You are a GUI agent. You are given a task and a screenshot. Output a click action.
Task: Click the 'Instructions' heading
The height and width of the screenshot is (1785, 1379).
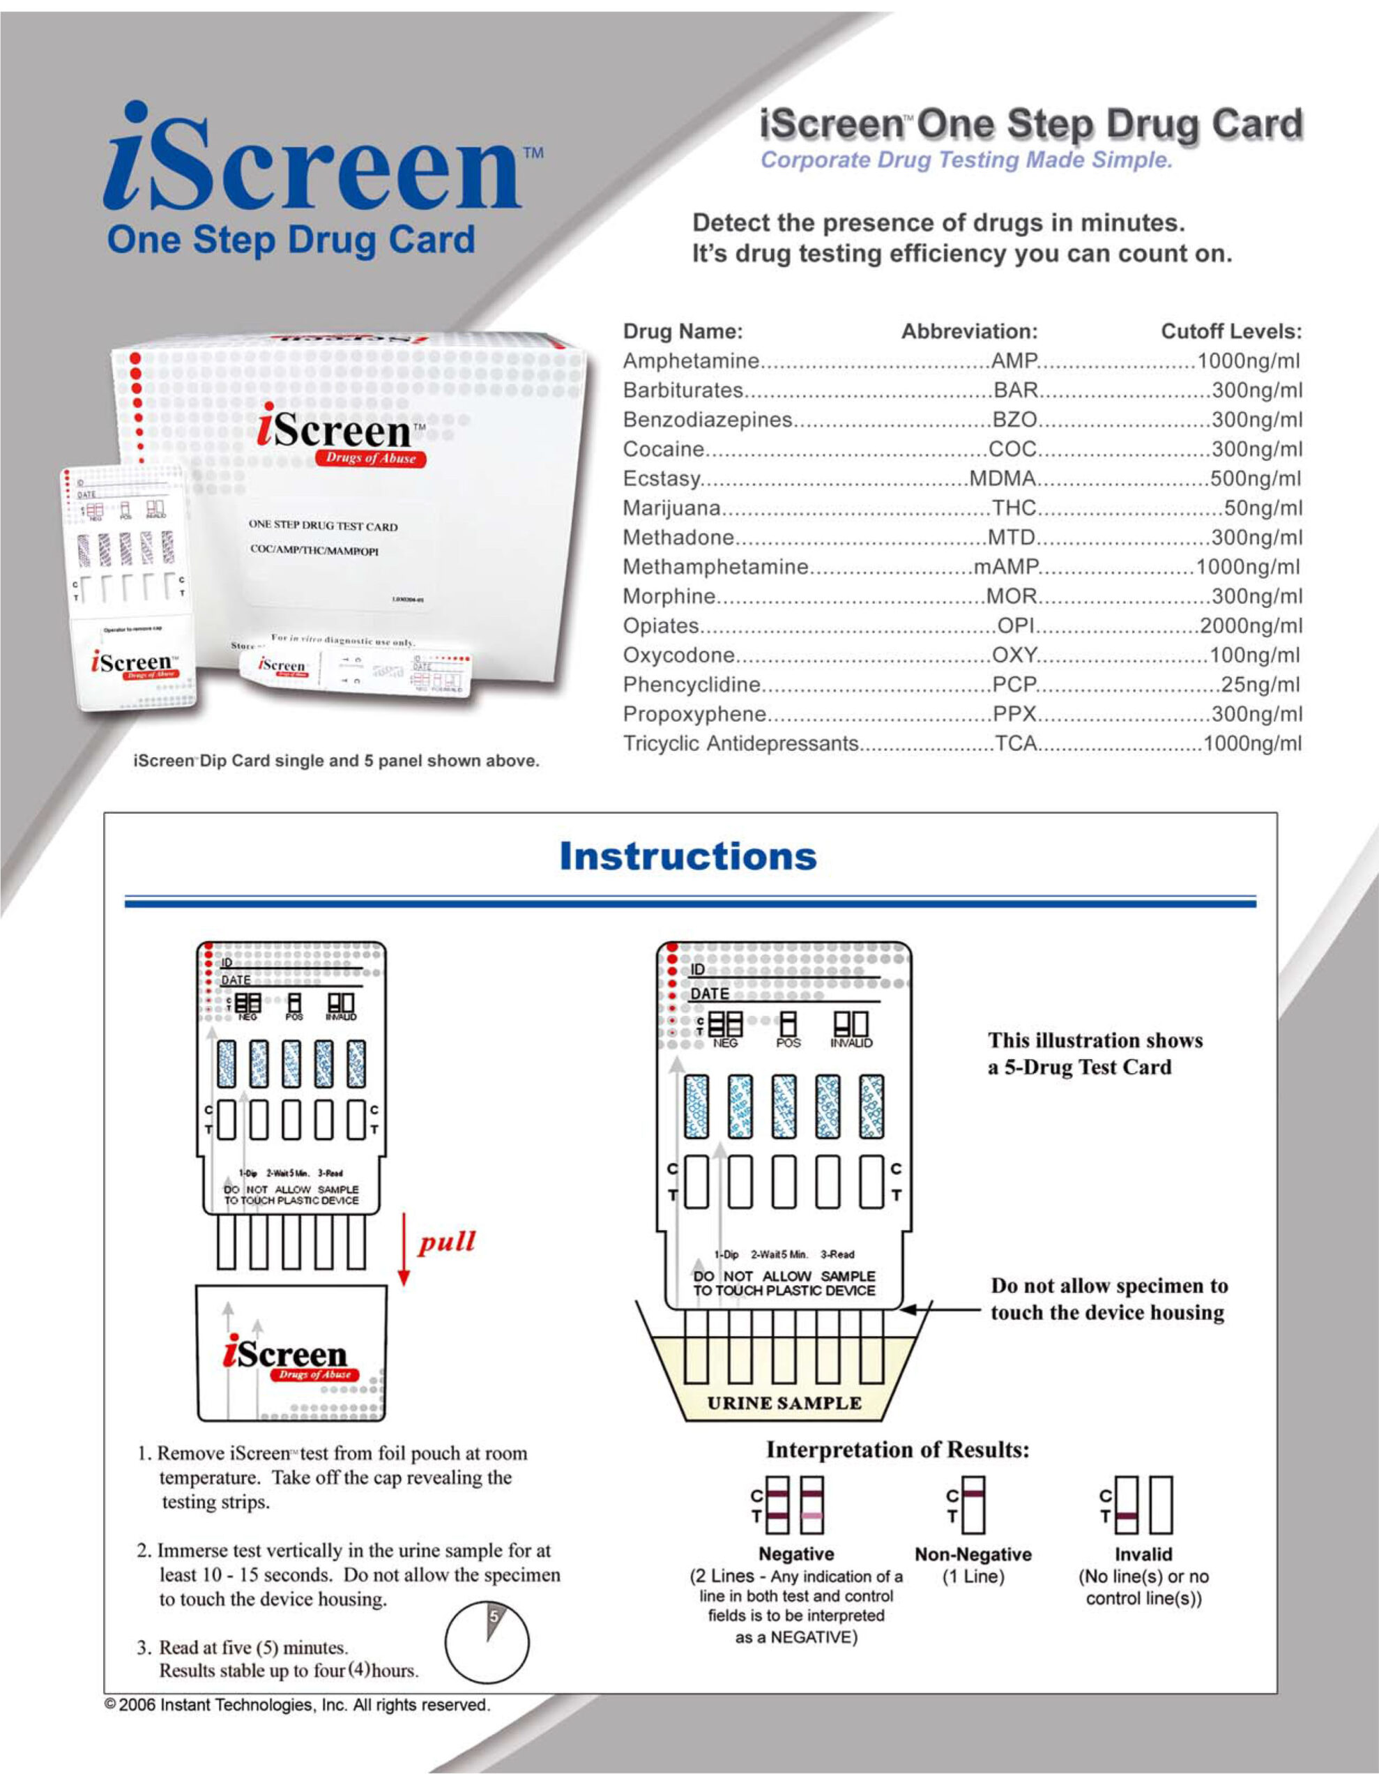point(687,856)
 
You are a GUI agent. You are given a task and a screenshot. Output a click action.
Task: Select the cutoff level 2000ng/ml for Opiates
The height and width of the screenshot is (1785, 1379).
point(1250,625)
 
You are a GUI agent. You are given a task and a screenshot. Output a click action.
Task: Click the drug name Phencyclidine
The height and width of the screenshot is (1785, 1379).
point(692,684)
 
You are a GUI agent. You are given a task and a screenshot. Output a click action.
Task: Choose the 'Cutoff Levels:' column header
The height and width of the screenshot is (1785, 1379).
point(1231,331)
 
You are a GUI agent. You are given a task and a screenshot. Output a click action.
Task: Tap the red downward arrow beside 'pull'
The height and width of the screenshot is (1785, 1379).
point(403,1250)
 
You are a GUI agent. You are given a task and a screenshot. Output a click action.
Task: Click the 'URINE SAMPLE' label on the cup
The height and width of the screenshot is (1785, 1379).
point(784,1404)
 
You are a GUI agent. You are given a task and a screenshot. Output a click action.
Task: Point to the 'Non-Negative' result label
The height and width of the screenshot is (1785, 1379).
point(973,1554)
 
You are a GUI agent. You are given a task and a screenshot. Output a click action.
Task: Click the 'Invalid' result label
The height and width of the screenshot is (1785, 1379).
point(1143,1554)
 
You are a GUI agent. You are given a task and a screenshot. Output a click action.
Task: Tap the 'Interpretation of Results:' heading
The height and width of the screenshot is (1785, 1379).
point(897,1449)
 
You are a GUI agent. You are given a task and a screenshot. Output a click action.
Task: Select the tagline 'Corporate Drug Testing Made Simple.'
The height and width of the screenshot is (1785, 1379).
point(966,160)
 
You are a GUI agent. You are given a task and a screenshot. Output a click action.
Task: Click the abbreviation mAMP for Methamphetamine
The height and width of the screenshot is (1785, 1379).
point(1005,566)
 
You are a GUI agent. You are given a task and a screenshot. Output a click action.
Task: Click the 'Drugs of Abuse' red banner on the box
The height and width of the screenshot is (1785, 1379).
point(371,457)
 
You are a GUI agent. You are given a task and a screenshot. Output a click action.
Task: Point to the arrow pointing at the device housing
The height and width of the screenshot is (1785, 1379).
point(940,1309)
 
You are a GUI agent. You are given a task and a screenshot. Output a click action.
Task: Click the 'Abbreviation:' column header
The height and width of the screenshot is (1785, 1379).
point(968,331)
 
